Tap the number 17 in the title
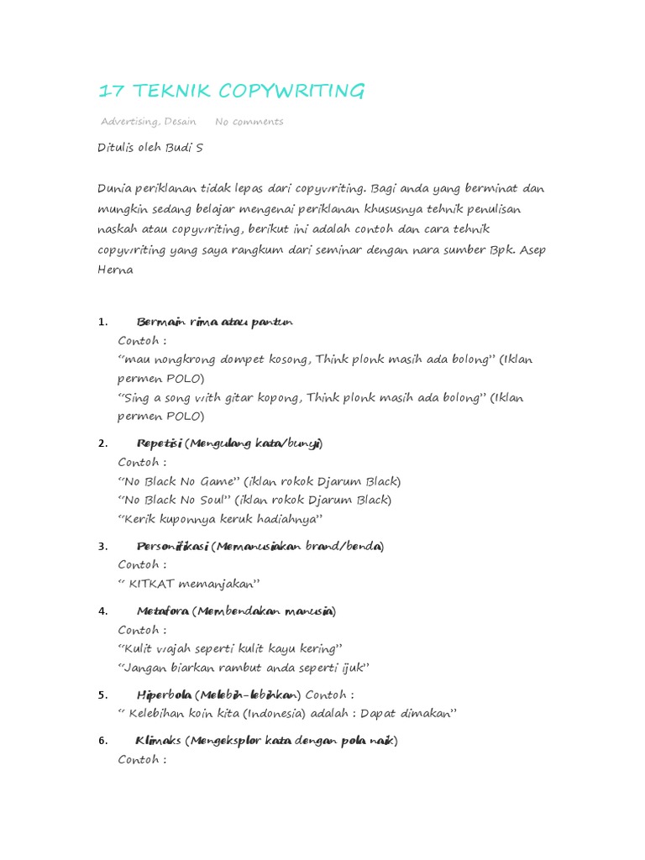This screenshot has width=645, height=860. coord(110,91)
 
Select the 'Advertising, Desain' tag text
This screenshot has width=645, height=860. coord(149,122)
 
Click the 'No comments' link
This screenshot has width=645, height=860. coord(249,122)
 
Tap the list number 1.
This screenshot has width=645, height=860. coord(102,322)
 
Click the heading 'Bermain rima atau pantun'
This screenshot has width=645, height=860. coord(214,322)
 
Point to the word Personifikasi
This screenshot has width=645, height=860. coord(172,546)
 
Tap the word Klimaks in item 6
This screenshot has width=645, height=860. coord(159,741)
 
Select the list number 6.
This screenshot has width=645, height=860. coord(102,741)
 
